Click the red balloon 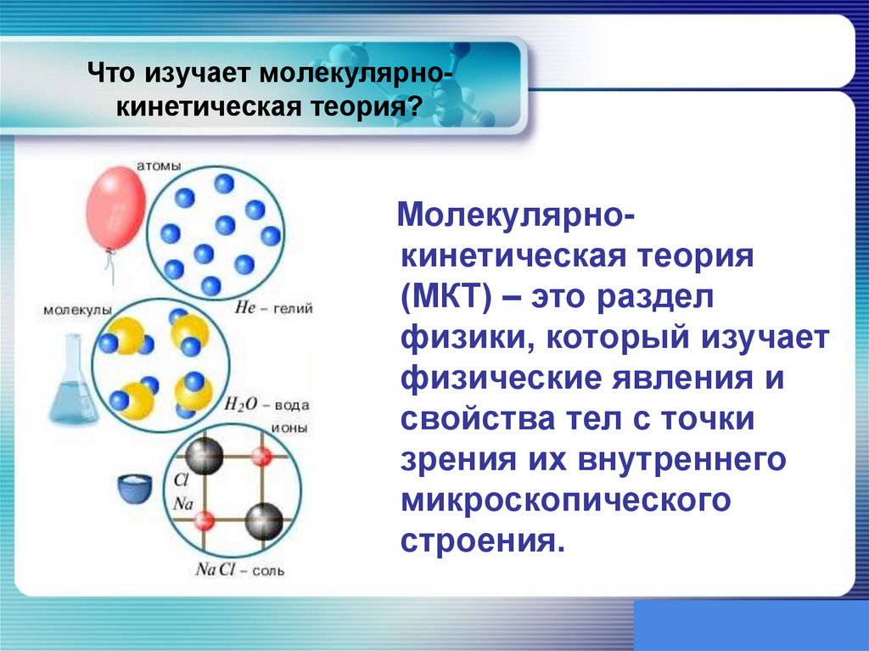pyautogui.click(x=117, y=208)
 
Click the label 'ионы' pyautogui.click(x=289, y=428)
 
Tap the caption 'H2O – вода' pyautogui.click(x=266, y=405)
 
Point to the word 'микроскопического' pyautogui.click(x=565, y=499)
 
